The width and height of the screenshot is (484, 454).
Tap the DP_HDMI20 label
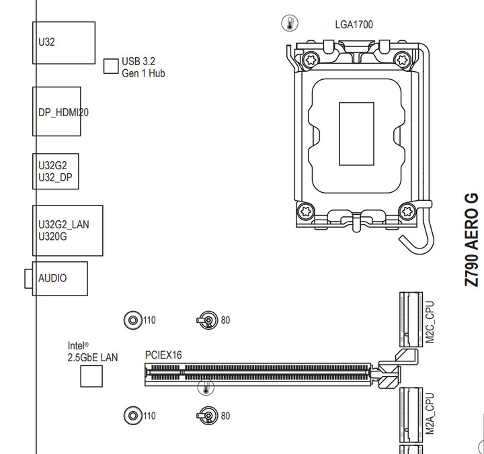pyautogui.click(x=63, y=113)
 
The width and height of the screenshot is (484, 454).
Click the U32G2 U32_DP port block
pyautogui.click(x=56, y=172)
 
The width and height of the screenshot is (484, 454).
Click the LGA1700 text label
pyautogui.click(x=354, y=25)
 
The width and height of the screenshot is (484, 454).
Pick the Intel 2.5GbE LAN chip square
pyautogui.click(x=91, y=376)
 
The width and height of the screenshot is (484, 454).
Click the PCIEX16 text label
pyautogui.click(x=163, y=355)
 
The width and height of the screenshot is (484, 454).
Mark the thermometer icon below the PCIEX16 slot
pyautogui.click(x=206, y=388)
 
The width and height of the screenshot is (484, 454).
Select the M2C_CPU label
pyautogui.click(x=431, y=323)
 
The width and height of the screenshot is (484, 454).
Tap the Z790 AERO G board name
pyautogui.click(x=472, y=239)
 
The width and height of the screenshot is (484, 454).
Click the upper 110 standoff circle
pyautogui.click(x=133, y=320)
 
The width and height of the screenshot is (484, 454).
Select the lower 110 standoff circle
pyautogui.click(x=133, y=416)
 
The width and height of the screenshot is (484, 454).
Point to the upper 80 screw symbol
pyautogui.click(x=208, y=320)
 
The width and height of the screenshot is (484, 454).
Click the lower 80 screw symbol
pyautogui.click(x=208, y=416)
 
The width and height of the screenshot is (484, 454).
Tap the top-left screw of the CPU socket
pyautogui.click(x=311, y=60)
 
